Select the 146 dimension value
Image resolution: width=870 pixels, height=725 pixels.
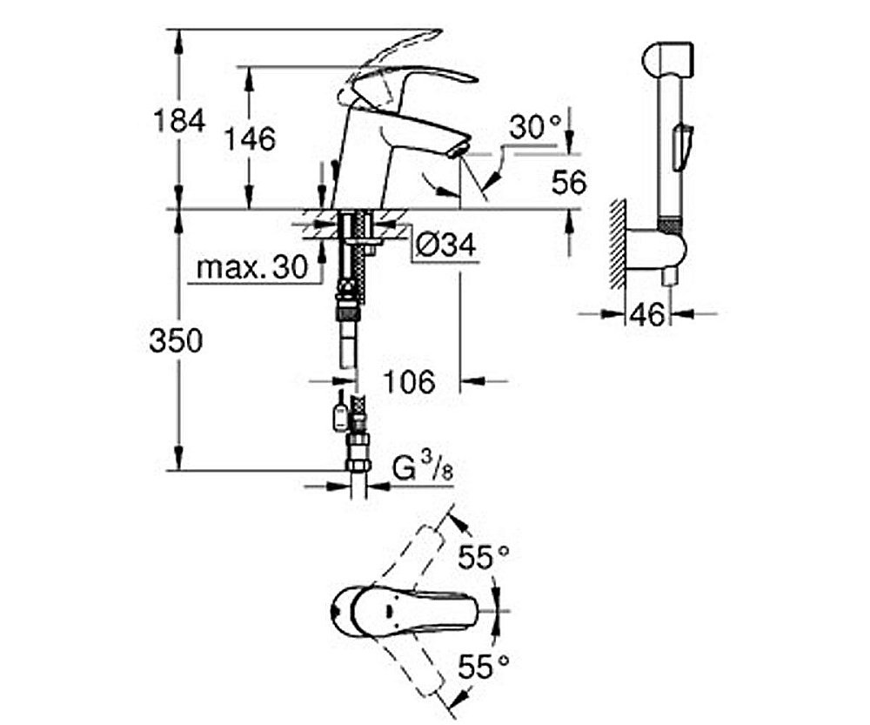pyautogui.click(x=250, y=138)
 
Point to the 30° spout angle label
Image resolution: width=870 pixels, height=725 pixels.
pyautogui.click(x=535, y=128)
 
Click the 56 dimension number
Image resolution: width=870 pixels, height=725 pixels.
pyautogui.click(x=569, y=182)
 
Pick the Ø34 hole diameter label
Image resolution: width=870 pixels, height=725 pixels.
pyautogui.click(x=445, y=246)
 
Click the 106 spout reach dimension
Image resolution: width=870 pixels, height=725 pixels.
pyautogui.click(x=409, y=380)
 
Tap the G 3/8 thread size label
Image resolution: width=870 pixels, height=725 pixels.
pyautogui.click(x=423, y=470)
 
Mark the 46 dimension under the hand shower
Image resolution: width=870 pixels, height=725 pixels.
pyautogui.click(x=648, y=314)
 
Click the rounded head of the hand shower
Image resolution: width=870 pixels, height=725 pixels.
pyautogui.click(x=667, y=58)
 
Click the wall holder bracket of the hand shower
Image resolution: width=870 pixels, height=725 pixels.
pyautogui.click(x=661, y=247)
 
